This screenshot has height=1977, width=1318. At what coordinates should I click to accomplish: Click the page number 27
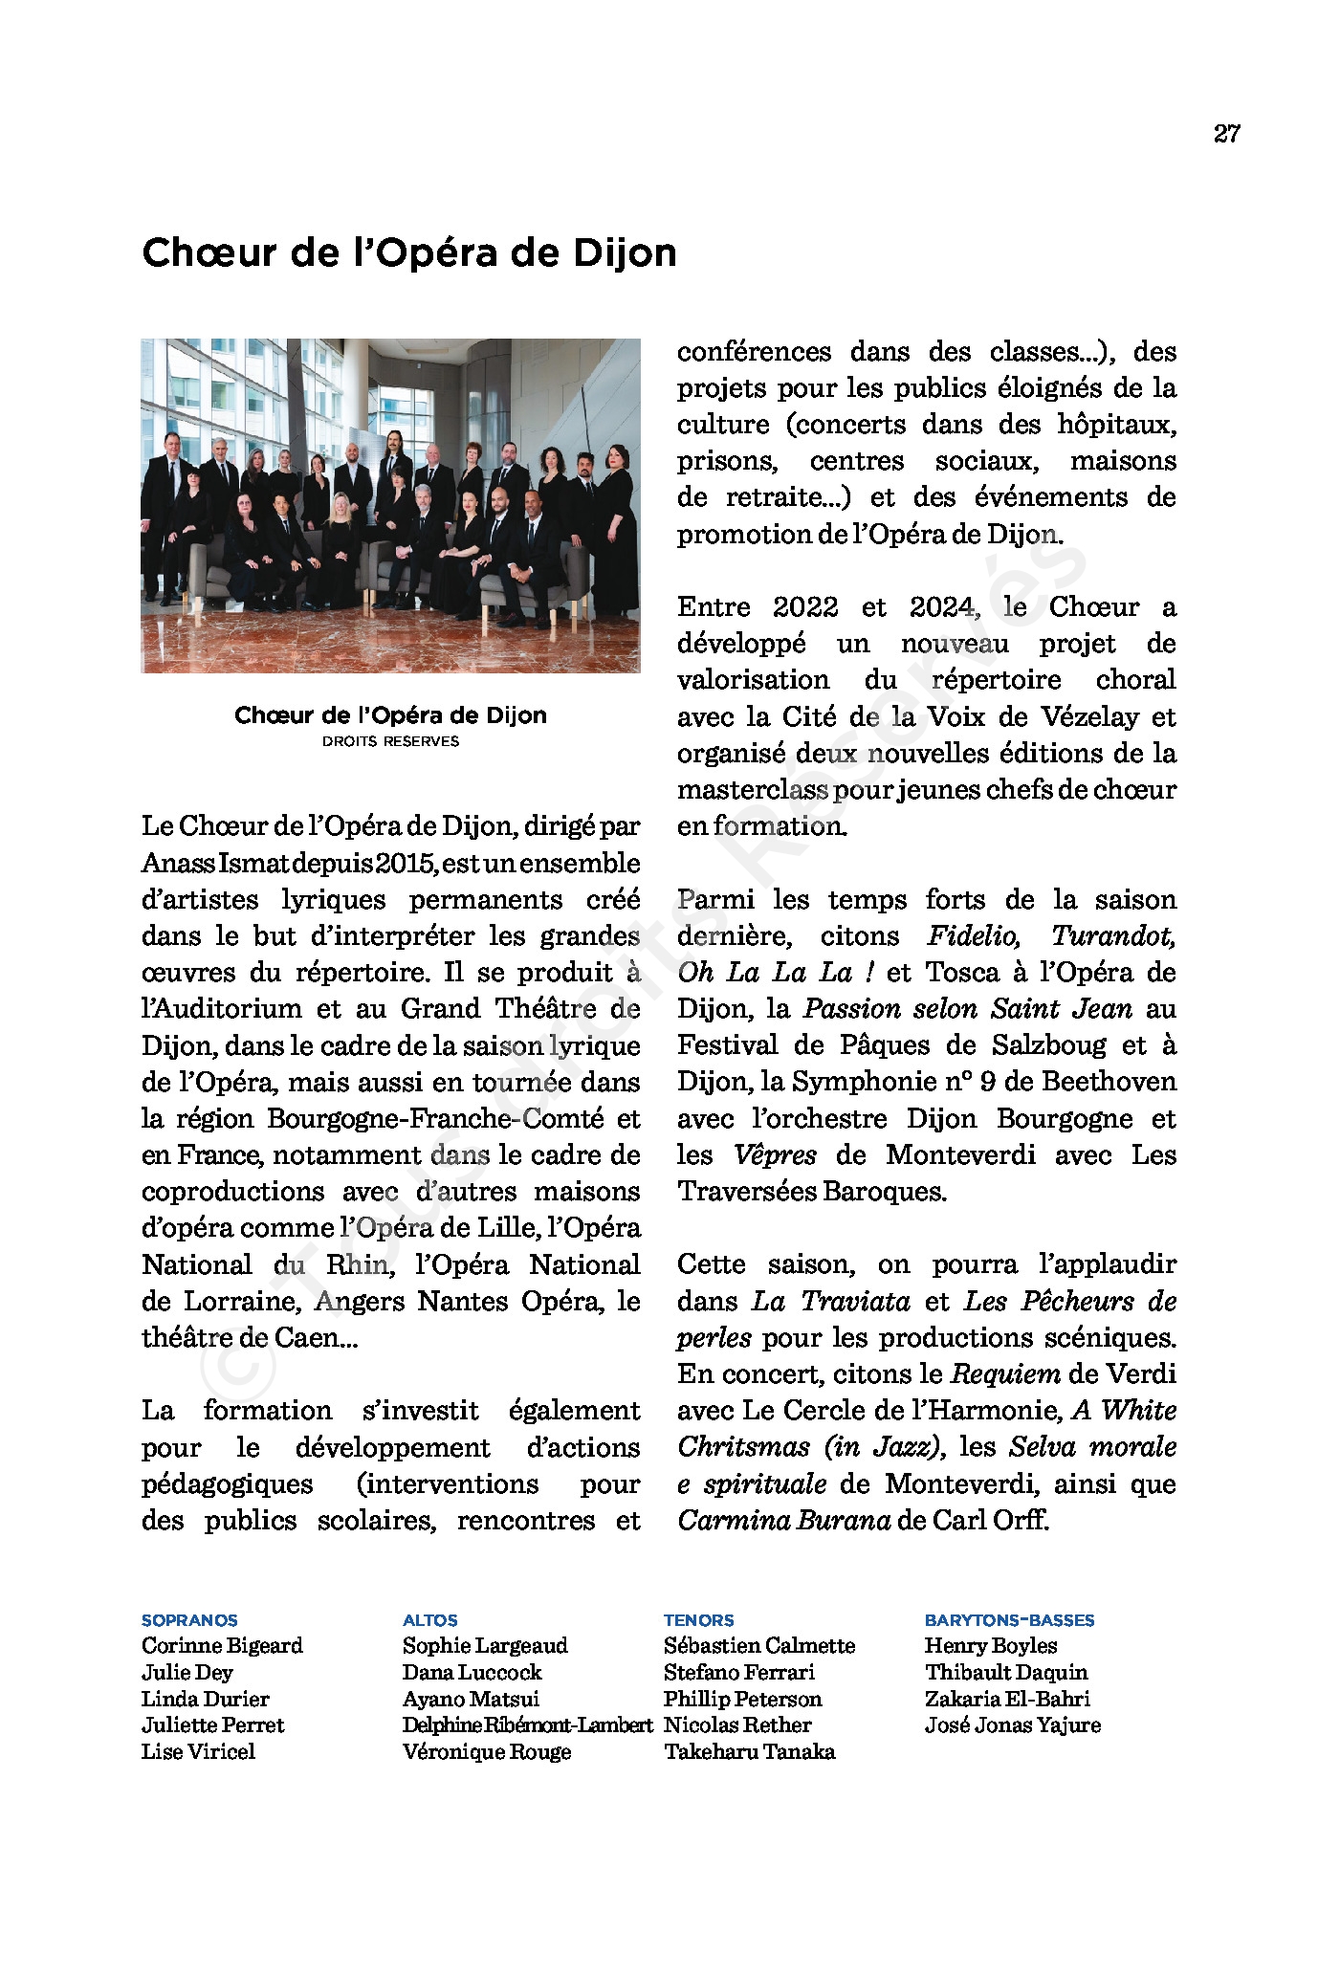click(x=1226, y=134)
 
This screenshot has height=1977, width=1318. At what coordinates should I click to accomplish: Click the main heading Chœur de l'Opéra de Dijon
click(x=409, y=253)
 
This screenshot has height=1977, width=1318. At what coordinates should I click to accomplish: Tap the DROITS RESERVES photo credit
click(x=390, y=741)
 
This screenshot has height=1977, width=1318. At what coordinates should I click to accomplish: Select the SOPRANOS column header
click(x=189, y=1620)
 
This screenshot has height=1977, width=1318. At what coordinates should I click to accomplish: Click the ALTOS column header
click(x=430, y=1620)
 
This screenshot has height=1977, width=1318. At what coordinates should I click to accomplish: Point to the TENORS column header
click(x=699, y=1620)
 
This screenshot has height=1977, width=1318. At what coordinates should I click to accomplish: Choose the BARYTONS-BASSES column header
click(x=1009, y=1620)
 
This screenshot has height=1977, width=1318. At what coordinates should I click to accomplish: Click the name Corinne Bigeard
click(x=222, y=1645)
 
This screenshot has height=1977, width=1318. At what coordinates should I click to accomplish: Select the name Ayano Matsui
click(x=471, y=1699)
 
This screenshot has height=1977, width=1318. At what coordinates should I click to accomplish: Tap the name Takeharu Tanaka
click(x=749, y=1751)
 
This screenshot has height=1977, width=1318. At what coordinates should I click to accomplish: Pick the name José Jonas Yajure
click(x=1012, y=1724)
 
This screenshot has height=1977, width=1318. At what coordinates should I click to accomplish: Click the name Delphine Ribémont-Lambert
click(x=527, y=1724)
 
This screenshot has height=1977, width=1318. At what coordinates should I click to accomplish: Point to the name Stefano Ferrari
click(x=738, y=1672)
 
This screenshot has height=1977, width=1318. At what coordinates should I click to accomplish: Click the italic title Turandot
click(x=1113, y=935)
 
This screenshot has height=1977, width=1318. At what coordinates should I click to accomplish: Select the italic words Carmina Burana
click(x=784, y=1520)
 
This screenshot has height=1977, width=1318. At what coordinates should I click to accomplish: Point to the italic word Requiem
click(x=1005, y=1373)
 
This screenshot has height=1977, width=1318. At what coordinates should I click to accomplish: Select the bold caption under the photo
click(x=390, y=715)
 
